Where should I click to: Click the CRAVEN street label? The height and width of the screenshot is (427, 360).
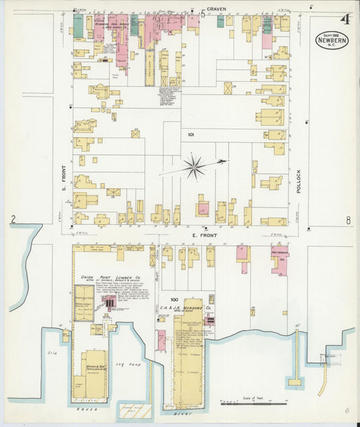pos(217,9)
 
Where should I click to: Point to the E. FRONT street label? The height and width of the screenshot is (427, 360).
pos(203,234)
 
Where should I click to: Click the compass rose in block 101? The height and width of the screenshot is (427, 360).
pos(195,166)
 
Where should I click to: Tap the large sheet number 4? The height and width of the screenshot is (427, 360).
pos(344,19)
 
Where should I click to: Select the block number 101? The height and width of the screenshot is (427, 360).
pos(191,134)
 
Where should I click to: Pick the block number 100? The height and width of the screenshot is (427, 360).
pos(174,299)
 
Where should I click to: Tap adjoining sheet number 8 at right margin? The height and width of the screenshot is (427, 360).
pos(348,220)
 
